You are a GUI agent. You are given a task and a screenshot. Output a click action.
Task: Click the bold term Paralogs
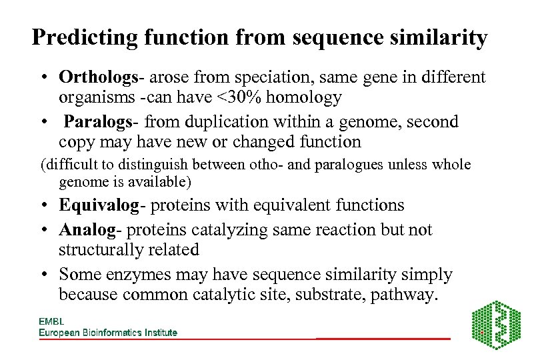[98, 122]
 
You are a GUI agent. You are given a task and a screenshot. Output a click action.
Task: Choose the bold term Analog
[86, 230]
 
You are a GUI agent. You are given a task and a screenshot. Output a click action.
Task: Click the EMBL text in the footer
[51, 321]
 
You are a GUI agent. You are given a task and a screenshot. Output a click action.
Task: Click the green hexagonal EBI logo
[496, 325]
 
